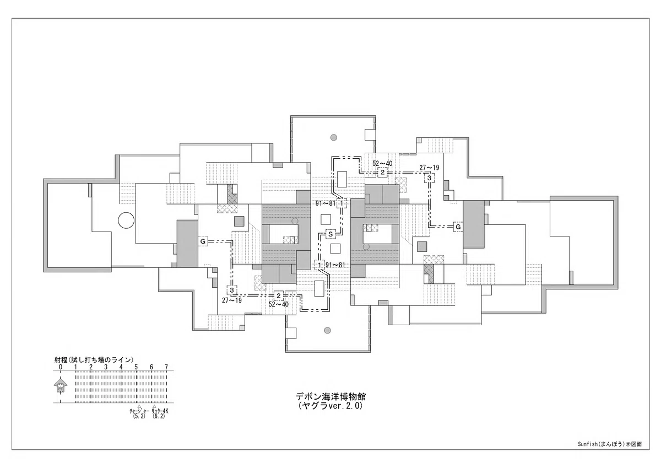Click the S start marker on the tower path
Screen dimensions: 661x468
click(330, 234)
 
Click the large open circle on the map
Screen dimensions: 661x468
click(126, 220)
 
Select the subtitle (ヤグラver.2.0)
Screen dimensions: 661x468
click(330, 406)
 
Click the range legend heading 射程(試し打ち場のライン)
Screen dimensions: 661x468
click(94, 360)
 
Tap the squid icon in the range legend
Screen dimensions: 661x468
click(61, 385)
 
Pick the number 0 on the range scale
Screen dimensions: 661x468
click(61, 367)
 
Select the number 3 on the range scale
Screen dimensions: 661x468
click(106, 367)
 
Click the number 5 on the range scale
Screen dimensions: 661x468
click(136, 367)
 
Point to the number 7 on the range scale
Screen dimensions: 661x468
click(166, 367)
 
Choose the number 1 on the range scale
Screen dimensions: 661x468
click(76, 367)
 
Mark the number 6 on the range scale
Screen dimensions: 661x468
click(151, 367)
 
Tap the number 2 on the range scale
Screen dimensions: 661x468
click(91, 367)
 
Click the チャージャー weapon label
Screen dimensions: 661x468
click(139, 411)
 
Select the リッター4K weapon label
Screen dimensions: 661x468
click(160, 411)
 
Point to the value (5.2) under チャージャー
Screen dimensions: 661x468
click(139, 417)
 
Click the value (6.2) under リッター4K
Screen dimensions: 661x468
click(159, 417)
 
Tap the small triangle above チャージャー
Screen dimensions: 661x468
click(139, 406)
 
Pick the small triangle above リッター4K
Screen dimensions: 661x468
click(154, 406)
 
